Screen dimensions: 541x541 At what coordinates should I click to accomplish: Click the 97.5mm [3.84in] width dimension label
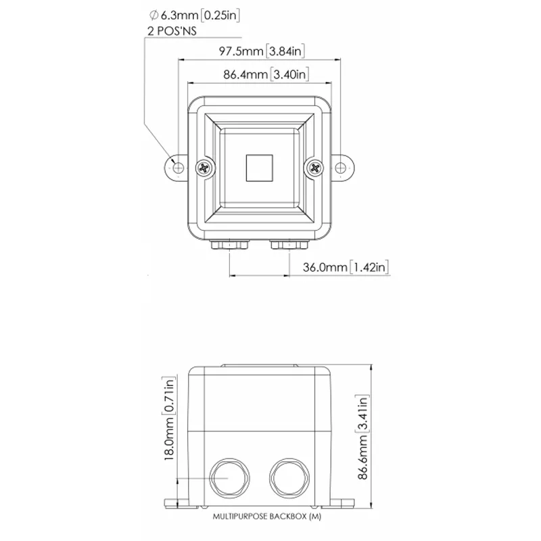pyautogui.click(x=262, y=51)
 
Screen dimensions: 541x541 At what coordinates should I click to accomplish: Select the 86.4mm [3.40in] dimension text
pyautogui.click(x=266, y=74)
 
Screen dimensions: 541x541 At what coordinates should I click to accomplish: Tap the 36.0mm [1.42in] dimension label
pyautogui.click(x=346, y=267)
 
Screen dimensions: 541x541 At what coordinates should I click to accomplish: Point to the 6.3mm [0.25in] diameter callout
pyautogui.click(x=194, y=15)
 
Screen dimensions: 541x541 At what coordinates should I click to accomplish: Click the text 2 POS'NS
pyautogui.click(x=172, y=31)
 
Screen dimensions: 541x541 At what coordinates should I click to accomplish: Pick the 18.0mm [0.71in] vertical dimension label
pyautogui.click(x=169, y=419)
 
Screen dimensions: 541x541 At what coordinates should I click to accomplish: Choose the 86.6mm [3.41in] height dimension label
pyautogui.click(x=362, y=437)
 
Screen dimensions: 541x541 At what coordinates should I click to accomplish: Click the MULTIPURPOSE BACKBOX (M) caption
pyautogui.click(x=266, y=517)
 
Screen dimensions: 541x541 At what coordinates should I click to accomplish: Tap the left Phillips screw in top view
pyautogui.click(x=204, y=168)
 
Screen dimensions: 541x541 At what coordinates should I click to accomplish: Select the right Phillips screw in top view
pyautogui.click(x=314, y=168)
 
